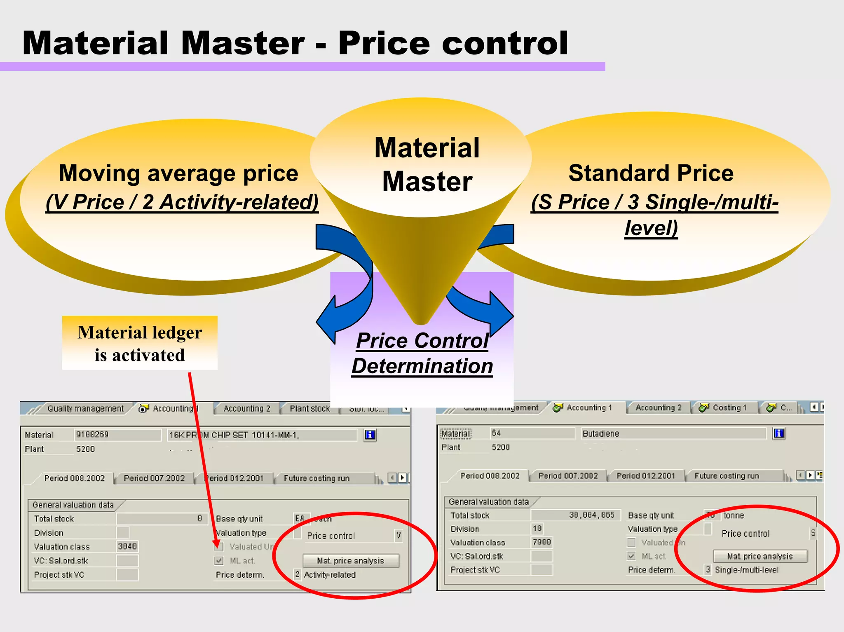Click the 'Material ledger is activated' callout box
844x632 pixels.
coord(140,343)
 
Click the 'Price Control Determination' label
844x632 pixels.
coord(422,353)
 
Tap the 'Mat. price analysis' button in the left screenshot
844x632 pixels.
coord(351,561)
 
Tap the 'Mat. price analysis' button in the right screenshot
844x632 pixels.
coord(760,556)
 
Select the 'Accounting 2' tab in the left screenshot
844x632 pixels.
coord(247,408)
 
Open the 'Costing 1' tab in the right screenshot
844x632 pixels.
coord(729,407)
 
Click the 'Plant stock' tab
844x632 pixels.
coord(310,408)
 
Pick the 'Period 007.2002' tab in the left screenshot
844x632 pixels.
coord(154,478)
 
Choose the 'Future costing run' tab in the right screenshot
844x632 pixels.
coord(727,476)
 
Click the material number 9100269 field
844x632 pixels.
coord(117,435)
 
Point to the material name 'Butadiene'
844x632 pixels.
coord(601,433)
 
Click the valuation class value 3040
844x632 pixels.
coord(127,546)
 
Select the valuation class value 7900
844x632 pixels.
coord(542,542)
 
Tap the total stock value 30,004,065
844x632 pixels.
coord(592,515)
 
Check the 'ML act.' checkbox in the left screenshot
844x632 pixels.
coord(219,561)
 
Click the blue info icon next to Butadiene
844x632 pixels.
coord(779,433)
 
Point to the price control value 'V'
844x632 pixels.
coord(398,536)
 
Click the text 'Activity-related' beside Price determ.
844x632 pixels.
coord(330,575)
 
